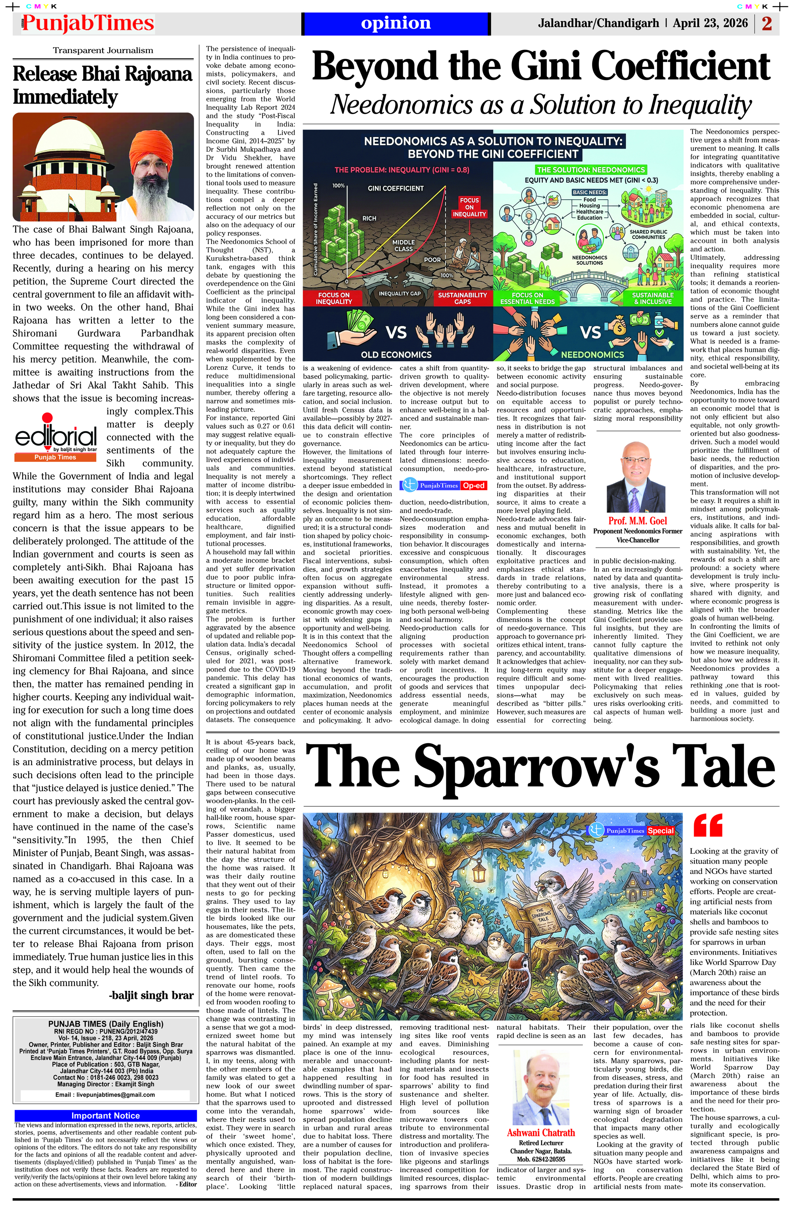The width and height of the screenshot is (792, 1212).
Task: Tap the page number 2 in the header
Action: [x=767, y=23]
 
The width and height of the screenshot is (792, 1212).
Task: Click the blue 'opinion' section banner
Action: [x=396, y=23]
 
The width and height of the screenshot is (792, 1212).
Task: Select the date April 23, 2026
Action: [x=710, y=23]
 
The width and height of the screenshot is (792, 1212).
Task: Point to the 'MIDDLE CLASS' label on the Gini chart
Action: [x=404, y=246]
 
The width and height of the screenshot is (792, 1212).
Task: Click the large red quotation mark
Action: [x=708, y=825]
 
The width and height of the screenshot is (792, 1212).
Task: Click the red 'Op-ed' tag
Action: [x=473, y=485]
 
